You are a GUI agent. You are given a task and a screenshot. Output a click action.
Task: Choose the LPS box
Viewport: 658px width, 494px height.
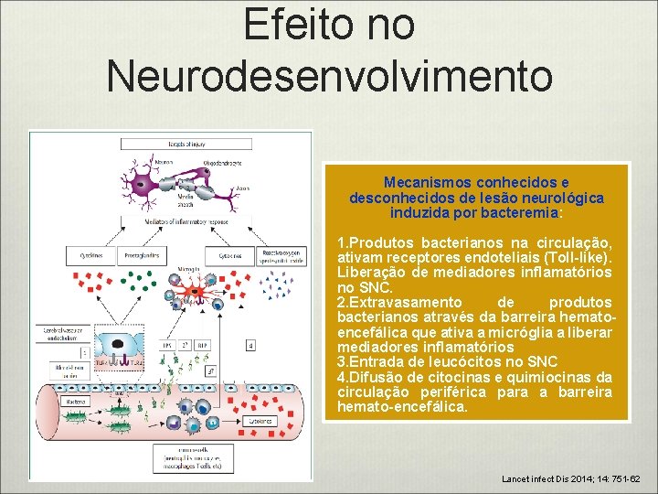tap(168, 345)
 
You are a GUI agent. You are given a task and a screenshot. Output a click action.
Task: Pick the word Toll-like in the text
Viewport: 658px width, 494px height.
tap(583, 258)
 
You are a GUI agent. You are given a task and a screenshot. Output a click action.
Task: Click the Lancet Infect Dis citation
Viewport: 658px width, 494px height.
tap(572, 478)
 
